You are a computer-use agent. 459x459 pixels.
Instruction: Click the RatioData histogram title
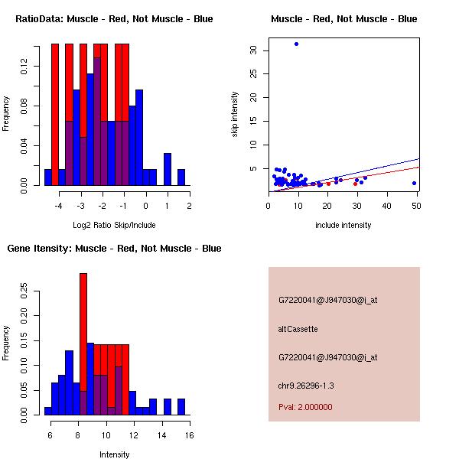(x=114, y=18)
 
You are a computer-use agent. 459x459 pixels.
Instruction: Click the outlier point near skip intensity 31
(x=296, y=44)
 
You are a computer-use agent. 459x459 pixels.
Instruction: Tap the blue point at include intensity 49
(x=414, y=183)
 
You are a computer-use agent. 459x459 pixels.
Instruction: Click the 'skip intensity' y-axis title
(x=235, y=115)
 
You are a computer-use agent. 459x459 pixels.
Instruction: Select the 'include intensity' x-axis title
(x=343, y=225)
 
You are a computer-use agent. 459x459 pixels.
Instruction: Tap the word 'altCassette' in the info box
(x=298, y=329)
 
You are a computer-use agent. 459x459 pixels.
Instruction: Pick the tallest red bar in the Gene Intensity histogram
(x=83, y=344)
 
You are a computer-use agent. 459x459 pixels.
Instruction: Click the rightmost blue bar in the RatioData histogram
(x=181, y=177)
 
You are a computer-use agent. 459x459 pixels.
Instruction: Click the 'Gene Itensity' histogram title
(x=114, y=248)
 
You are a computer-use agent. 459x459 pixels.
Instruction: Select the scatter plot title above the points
(x=343, y=18)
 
